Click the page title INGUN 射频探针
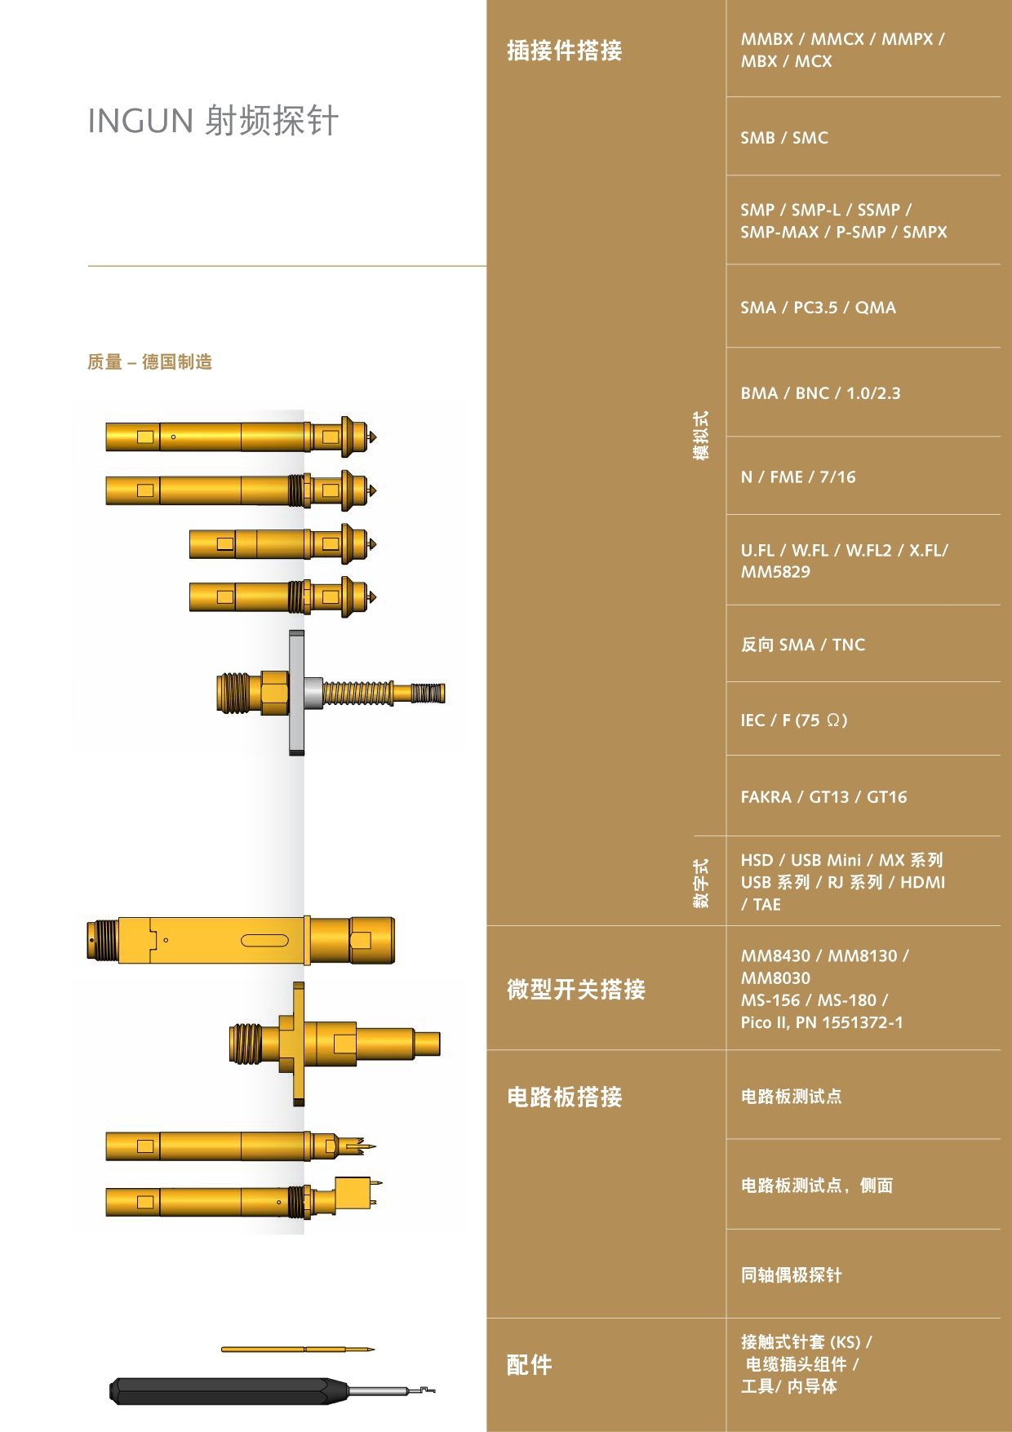213,121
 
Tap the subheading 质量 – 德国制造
150,361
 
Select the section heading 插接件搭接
564,51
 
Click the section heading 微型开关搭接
575,989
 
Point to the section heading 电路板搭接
564,1097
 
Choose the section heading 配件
529,1364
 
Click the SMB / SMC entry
784,138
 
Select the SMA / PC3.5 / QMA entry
818,308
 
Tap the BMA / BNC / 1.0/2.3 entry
820,393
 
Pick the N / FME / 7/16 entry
798,477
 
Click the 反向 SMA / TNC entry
803,645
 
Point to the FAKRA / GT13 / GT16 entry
823,797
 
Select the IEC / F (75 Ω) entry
794,720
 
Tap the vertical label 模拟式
701,435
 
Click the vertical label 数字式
701,883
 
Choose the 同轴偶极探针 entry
791,1275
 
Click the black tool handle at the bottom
229,1391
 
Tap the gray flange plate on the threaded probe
297,692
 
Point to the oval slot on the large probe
264,940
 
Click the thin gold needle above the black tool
298,1349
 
